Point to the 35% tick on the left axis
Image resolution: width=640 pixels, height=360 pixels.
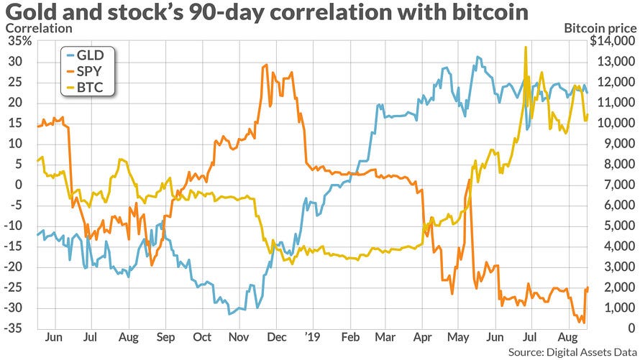coord(18,41)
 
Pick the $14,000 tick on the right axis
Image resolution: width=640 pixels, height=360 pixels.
coord(611,41)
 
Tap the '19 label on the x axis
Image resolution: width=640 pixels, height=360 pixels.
coord(313,336)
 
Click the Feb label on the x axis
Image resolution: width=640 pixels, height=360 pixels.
coord(350,336)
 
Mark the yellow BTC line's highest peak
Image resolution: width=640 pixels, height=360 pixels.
coord(526,47)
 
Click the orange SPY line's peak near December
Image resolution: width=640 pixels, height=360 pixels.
coord(267,65)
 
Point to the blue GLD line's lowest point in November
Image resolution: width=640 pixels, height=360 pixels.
coord(230,314)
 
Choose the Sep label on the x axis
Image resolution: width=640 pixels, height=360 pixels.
coord(164,336)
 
